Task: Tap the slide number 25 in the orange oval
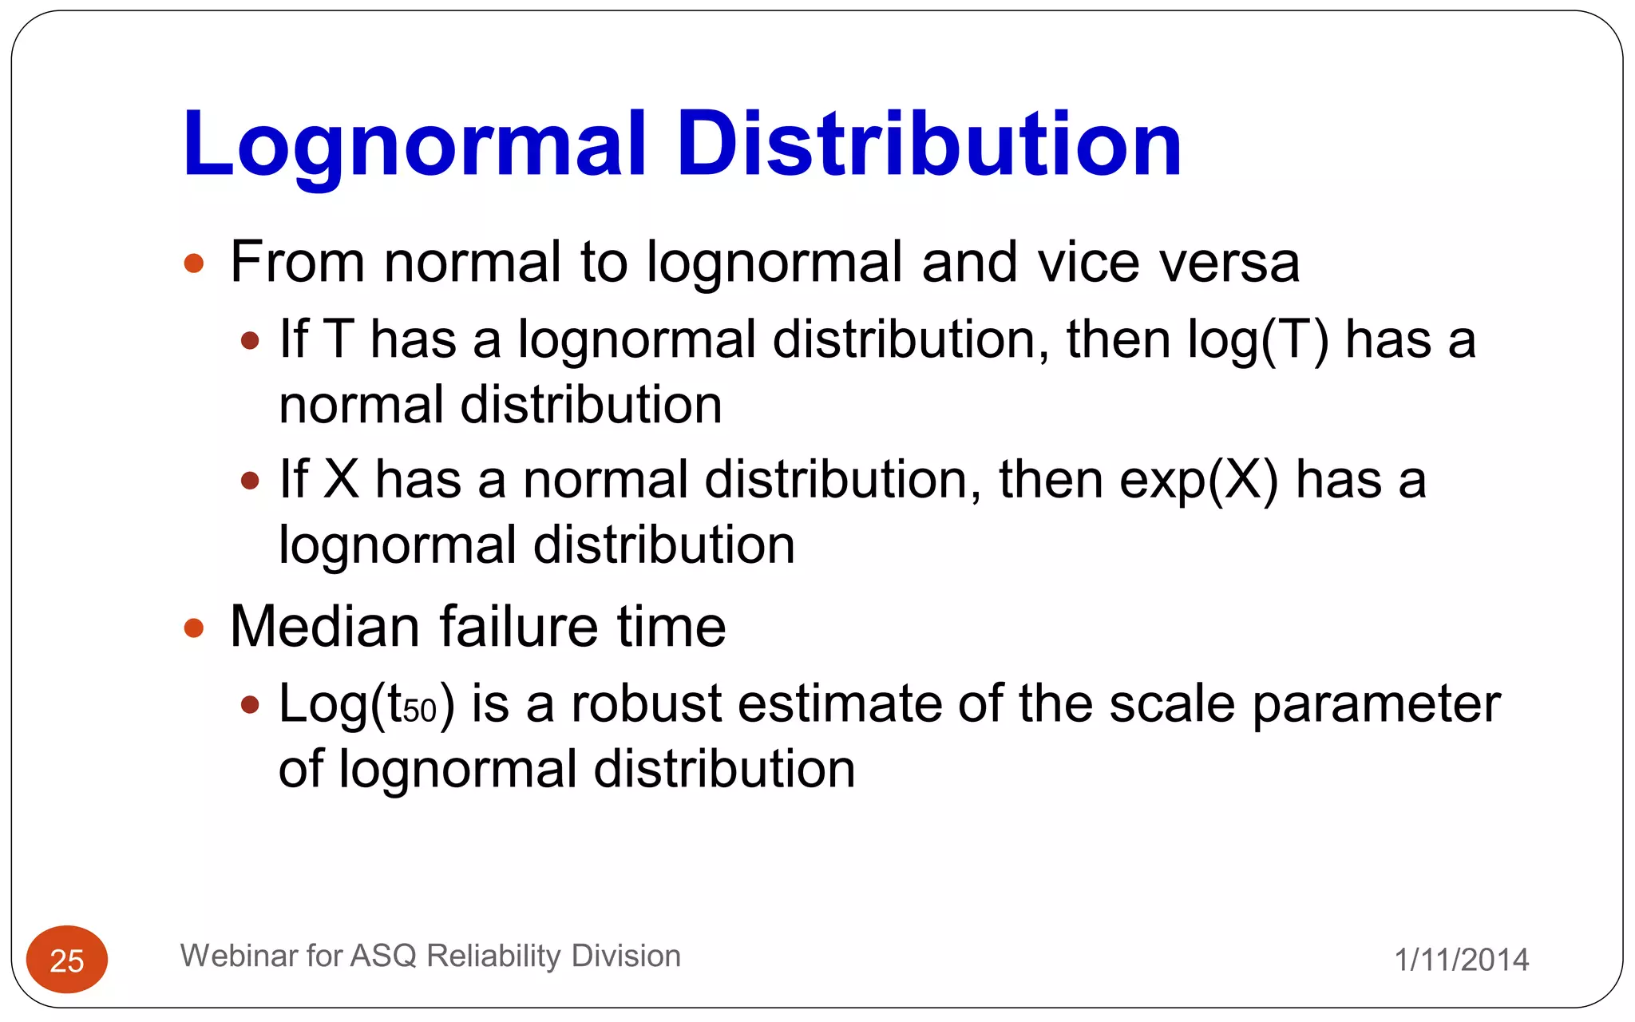[x=67, y=961]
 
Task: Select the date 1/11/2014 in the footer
[x=1461, y=960]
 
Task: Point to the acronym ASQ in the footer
[x=383, y=956]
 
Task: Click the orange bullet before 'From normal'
[x=194, y=263]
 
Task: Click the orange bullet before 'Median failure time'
[x=194, y=628]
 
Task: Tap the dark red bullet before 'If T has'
[x=250, y=341]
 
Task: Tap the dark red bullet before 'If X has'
[x=250, y=481]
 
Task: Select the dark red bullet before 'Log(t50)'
[x=250, y=705]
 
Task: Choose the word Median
[x=325, y=627]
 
